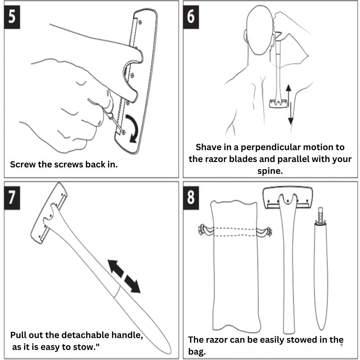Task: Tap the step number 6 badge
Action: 191,17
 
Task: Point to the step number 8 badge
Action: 191,198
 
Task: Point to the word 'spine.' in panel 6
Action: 270,171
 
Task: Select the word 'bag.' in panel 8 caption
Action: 197,351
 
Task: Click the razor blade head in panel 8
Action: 287,198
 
